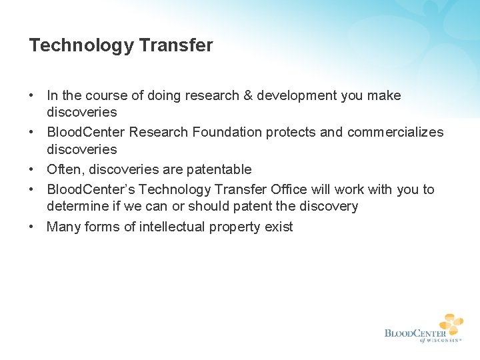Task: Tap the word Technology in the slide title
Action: pyautogui.click(x=81, y=45)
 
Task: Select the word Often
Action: pyautogui.click(x=63, y=169)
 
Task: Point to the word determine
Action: pyautogui.click(x=75, y=207)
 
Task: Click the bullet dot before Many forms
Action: pyautogui.click(x=32, y=227)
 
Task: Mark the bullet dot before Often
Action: pyautogui.click(x=32, y=169)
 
